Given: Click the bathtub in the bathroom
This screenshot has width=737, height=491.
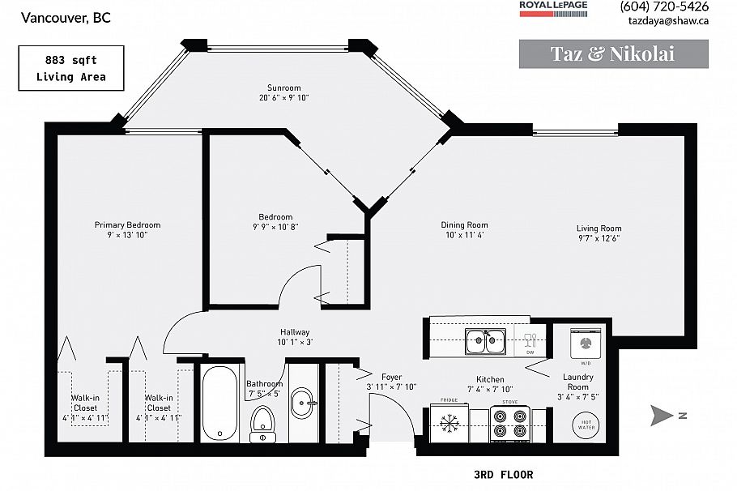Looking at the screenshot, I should pos(216,403).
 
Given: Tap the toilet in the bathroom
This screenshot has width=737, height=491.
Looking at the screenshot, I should pos(262,422).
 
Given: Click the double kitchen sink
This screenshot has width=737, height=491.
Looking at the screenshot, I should pos(485,342).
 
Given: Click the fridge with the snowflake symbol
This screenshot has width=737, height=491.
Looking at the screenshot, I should pos(449,422).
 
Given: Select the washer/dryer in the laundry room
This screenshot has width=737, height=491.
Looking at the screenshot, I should pos(586,343).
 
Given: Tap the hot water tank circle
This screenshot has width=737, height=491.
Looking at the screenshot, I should pos(586,422).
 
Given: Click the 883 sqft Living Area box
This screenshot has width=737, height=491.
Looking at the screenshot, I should pos(71,68).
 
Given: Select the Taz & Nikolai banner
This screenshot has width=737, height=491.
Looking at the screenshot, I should pos(612,54).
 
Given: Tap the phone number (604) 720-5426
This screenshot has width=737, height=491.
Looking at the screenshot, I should pos(664,6).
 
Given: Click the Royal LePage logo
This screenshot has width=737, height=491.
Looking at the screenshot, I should pos(554,6).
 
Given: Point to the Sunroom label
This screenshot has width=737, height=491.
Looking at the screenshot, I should pos(284,88).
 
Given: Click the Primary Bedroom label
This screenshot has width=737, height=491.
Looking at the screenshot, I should pos(127,224).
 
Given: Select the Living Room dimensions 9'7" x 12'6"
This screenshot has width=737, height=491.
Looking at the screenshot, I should pos(599,239).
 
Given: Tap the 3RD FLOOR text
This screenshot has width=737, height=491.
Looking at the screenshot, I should pos(502,474).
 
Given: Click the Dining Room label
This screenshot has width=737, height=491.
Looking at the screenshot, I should pos(464,225).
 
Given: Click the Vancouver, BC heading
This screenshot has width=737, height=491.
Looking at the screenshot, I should pos(55,17).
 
